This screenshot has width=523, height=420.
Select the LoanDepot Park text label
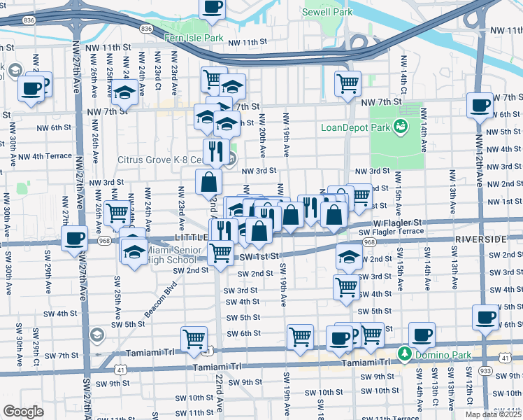354,127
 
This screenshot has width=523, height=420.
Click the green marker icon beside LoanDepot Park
400,127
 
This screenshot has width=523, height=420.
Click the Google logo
23,411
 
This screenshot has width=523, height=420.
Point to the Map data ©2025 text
493,414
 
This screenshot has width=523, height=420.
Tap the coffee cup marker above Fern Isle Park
213,7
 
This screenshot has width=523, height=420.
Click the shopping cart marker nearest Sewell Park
348,83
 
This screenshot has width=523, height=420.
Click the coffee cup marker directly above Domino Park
422,335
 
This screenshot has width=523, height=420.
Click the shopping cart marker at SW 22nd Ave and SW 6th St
194,339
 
